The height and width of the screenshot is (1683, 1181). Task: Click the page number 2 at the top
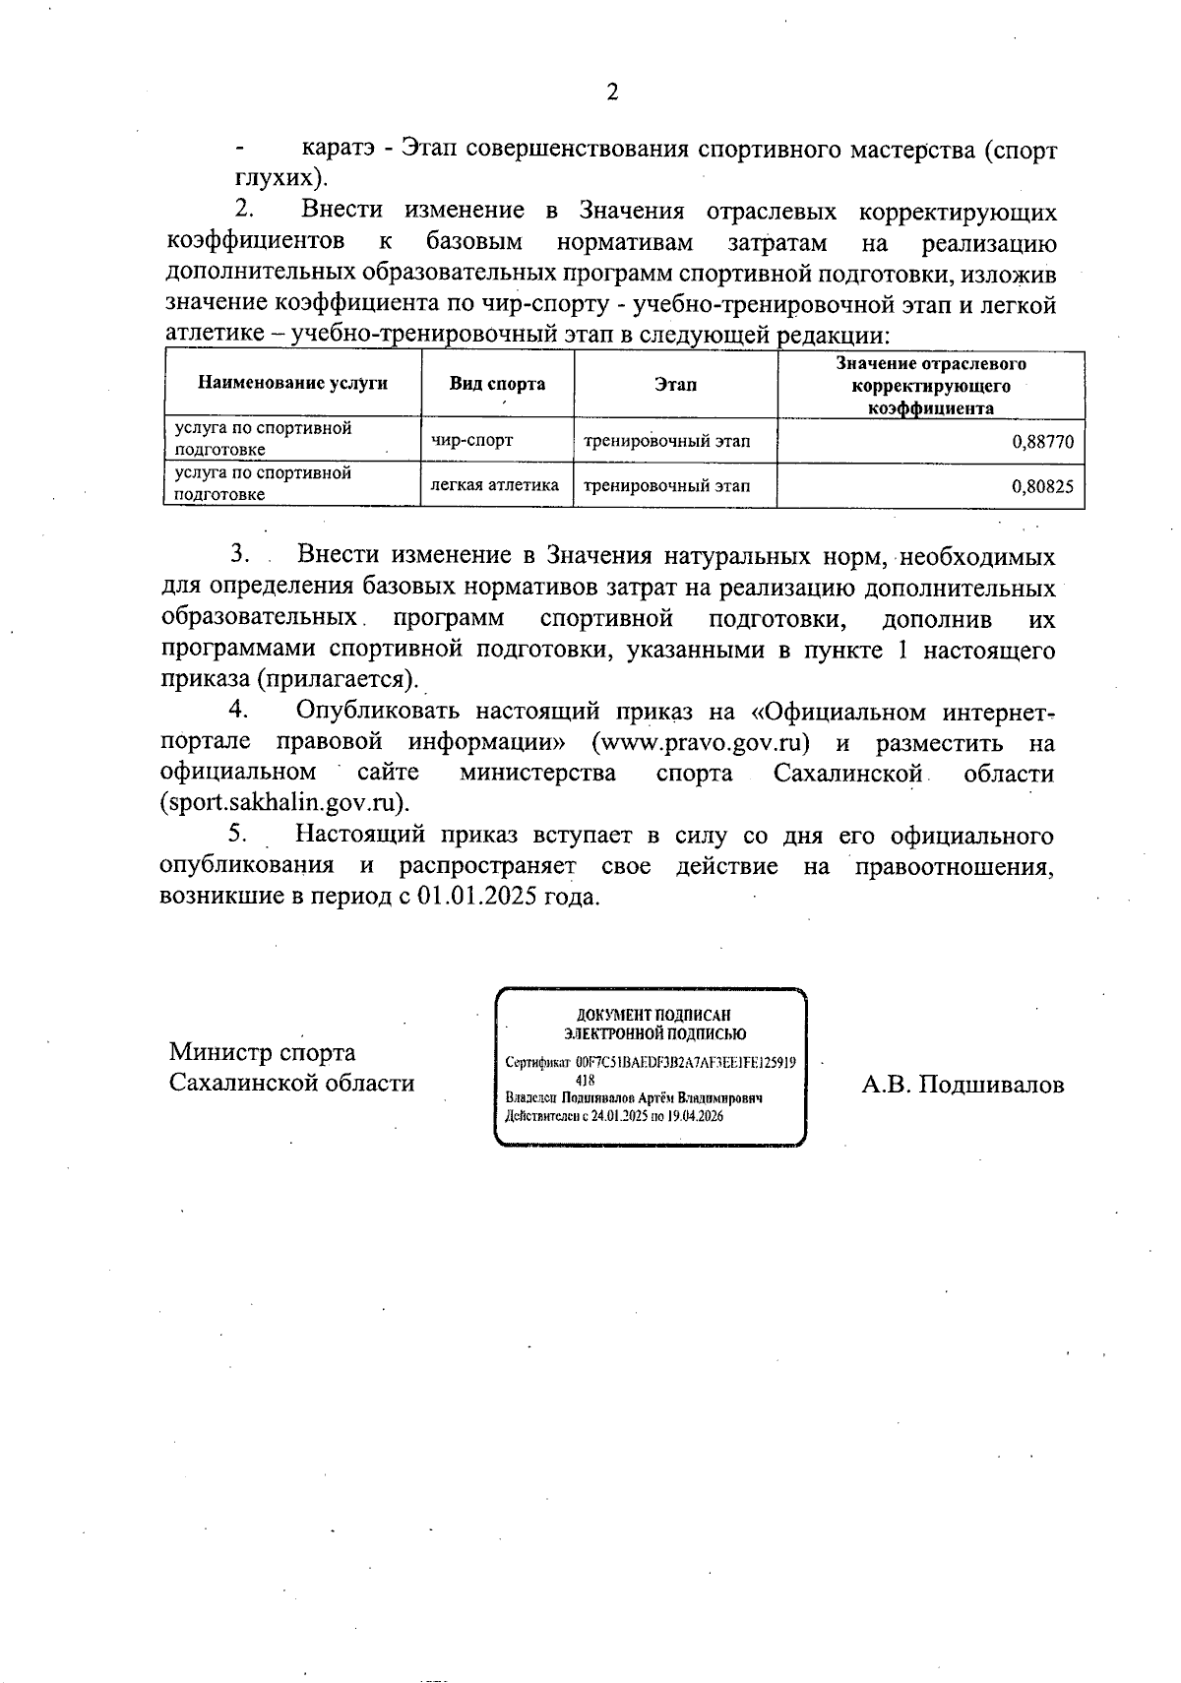[x=612, y=93]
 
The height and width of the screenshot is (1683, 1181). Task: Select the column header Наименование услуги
[x=292, y=384]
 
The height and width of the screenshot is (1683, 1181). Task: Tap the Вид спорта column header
[x=497, y=384]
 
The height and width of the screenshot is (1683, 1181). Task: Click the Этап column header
[x=674, y=384]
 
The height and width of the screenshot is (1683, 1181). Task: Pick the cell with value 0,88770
[x=1042, y=441]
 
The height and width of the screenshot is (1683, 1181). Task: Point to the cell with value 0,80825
[x=1042, y=485]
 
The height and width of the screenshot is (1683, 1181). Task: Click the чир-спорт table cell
[x=471, y=440]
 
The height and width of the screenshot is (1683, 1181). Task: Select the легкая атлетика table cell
[x=495, y=484]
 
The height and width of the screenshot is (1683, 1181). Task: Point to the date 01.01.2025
[x=474, y=897]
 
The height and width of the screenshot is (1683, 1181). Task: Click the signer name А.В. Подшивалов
[x=963, y=1084]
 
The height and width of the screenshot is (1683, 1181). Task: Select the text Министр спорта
[x=263, y=1052]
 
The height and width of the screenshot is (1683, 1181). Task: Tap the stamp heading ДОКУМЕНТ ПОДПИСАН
[x=653, y=1014]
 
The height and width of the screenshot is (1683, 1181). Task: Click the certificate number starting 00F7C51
[x=686, y=1063]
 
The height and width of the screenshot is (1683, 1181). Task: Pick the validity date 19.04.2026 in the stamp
[x=695, y=1116]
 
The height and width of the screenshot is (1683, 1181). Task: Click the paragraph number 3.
[x=237, y=556]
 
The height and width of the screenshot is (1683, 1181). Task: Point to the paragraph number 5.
[x=237, y=834]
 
